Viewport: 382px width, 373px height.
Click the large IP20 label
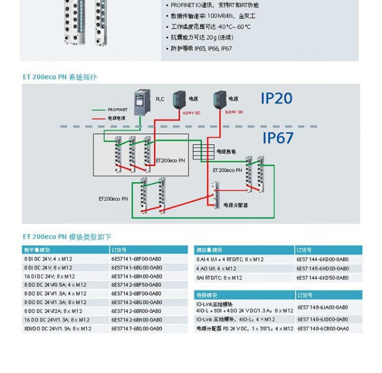coord(277,98)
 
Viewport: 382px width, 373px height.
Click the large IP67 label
coord(278,138)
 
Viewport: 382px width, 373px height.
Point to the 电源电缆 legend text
coord(117,118)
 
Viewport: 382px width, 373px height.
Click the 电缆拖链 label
coord(226,152)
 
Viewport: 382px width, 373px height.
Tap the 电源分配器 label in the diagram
coord(235,205)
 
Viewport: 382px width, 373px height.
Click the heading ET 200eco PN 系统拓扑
coord(59,77)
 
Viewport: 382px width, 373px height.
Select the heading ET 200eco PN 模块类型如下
coord(67,237)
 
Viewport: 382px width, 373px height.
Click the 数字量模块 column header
coord(37,250)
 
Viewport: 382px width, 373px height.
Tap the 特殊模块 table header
coord(206,296)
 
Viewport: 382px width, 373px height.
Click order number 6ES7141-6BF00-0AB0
coord(137,259)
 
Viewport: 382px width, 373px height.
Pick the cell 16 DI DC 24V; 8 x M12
coord(48,276)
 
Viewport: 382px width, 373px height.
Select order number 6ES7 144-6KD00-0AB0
coord(322,259)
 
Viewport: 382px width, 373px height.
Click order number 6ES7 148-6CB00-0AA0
coord(322,329)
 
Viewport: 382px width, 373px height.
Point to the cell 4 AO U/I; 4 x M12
coord(216,269)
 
